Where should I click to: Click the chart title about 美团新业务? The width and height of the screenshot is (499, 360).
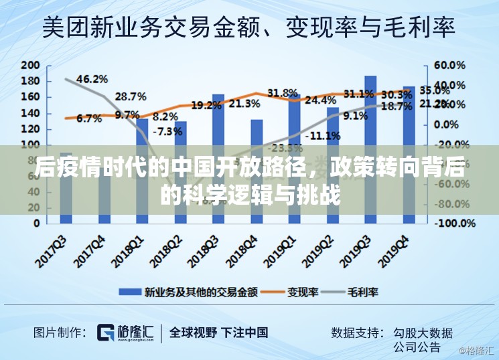[x=249, y=29]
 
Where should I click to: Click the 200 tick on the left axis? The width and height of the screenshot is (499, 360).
[x=30, y=66]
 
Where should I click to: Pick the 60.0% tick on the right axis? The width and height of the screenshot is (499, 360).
[x=449, y=66]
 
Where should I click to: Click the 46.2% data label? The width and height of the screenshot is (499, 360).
[x=92, y=79]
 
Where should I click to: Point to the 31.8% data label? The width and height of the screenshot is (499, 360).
[x=282, y=93]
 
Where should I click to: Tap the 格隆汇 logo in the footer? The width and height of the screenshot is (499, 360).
[x=125, y=333]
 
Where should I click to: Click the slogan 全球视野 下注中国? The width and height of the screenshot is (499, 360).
[x=218, y=333]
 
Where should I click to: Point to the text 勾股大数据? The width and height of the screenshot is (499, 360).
[x=422, y=333]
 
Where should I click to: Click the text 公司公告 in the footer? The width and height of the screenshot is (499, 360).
[x=417, y=347]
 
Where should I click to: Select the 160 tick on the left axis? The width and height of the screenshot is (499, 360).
[x=30, y=97]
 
